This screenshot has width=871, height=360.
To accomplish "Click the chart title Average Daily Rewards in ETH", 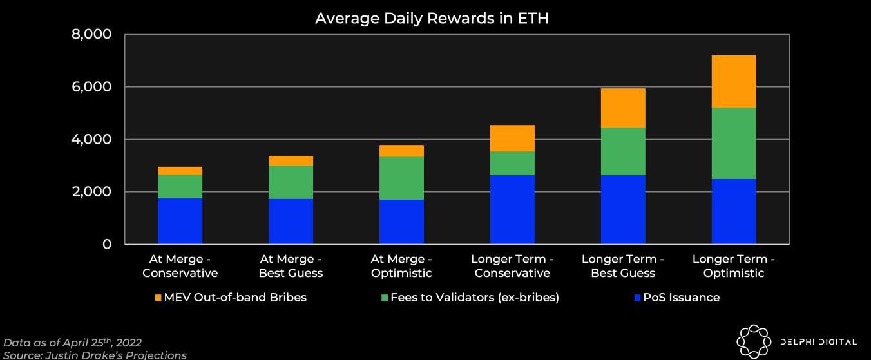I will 432,19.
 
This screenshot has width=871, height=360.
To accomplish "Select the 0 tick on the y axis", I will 107,245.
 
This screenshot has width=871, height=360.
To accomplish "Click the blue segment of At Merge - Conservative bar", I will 180,221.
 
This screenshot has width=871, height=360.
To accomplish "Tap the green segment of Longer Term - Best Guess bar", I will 623,151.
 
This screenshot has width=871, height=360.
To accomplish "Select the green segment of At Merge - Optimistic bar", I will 401,178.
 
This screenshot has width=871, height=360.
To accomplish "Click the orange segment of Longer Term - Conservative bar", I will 512,138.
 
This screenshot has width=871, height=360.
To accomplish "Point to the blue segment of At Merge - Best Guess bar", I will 291,221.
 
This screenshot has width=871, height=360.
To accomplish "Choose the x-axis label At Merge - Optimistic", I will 401,266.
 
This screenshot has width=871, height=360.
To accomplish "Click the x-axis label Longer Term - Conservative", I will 512,266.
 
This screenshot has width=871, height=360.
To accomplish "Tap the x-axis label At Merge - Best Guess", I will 291,266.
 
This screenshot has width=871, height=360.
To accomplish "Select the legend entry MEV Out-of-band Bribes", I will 230,298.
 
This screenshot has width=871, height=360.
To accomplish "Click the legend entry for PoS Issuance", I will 676,298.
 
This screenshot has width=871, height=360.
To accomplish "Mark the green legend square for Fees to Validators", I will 385,298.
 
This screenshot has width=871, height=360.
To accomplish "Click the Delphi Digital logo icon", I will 753,341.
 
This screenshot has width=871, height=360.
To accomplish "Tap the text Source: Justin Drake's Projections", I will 95,355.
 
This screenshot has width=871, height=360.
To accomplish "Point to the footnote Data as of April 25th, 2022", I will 73,343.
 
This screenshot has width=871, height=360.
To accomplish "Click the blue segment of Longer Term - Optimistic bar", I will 734,211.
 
